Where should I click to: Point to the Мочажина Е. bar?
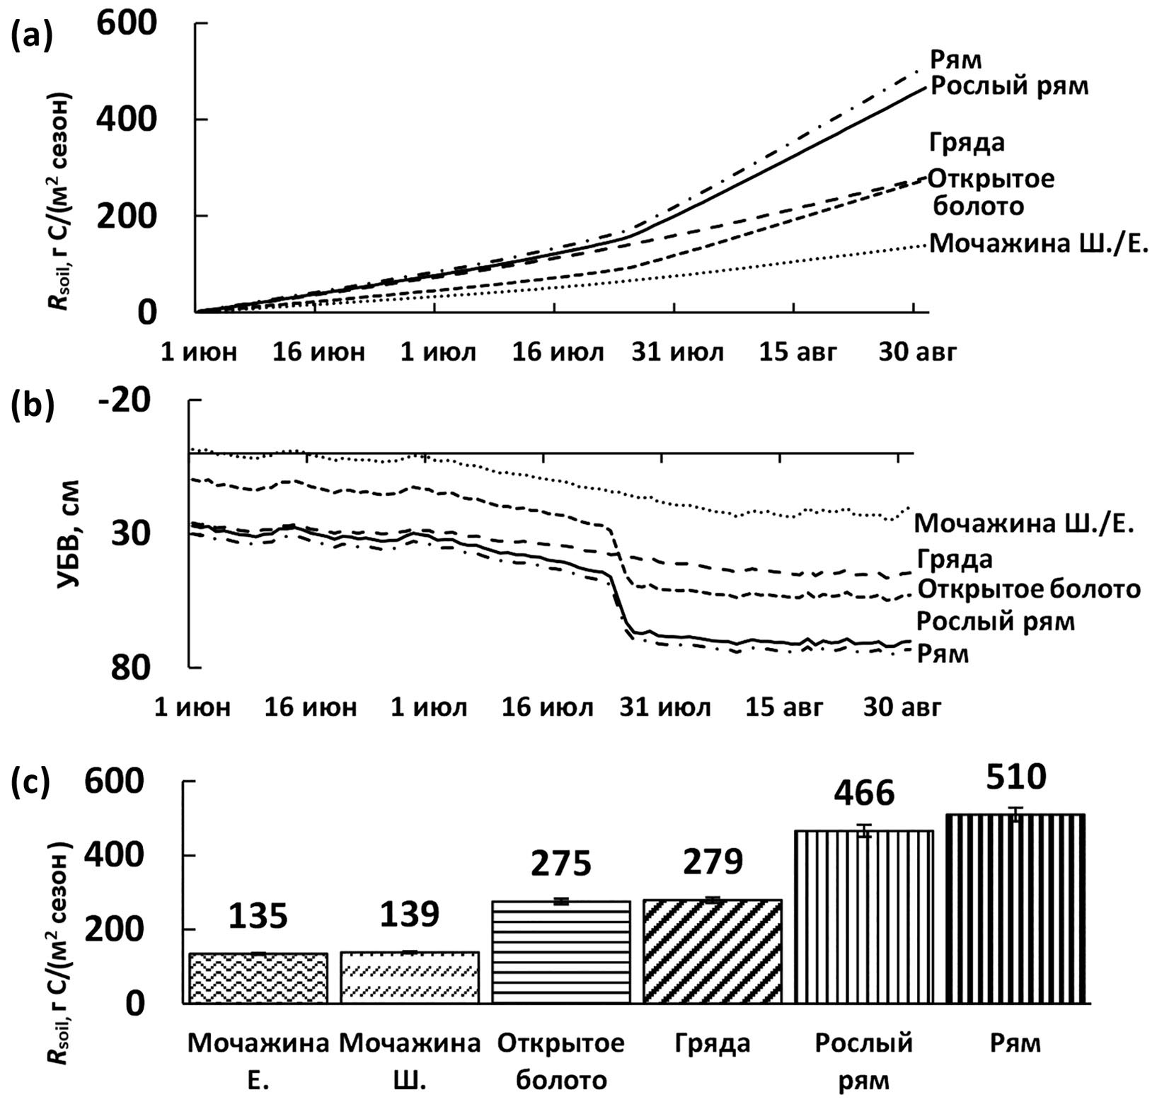pos(258,978)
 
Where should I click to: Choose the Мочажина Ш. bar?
pos(410,977)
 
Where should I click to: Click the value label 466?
pos(864,794)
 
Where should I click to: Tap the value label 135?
pos(258,916)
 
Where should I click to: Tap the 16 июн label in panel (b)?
pos(311,707)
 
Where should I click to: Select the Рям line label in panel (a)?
pos(955,61)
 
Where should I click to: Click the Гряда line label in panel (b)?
pos(955,559)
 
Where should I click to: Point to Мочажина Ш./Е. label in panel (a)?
pos(1037,244)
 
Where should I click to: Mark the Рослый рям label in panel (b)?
pos(995,622)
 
